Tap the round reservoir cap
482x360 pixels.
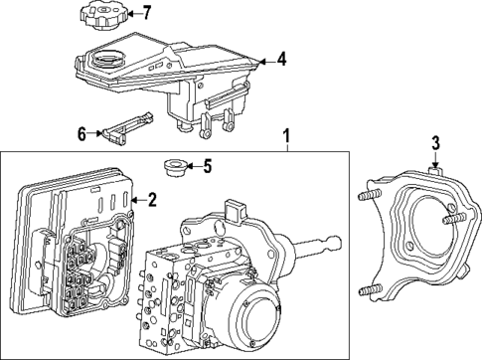click(102, 17)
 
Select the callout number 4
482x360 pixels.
click(281, 60)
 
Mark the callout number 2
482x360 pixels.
click(152, 199)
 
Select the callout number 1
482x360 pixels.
click(287, 134)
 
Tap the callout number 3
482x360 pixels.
click(434, 142)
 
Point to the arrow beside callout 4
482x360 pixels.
click(265, 61)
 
